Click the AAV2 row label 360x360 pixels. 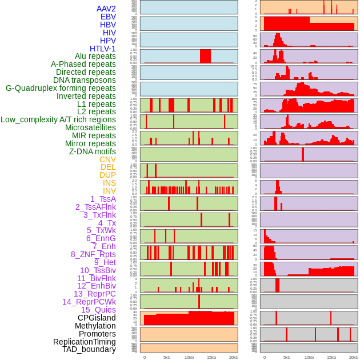106,9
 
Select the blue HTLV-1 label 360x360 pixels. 102,49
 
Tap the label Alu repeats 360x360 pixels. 95,56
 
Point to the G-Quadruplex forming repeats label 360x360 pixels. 61,88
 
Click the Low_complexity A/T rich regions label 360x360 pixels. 58,119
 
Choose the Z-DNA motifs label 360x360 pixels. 93,151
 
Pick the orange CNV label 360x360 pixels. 107,159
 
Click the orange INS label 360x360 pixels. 109,183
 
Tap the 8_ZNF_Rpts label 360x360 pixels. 93,254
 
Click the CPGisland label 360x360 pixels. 97,318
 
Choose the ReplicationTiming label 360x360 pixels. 85,342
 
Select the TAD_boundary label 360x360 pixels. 89,349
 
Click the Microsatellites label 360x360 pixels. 90,127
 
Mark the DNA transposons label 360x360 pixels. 85,80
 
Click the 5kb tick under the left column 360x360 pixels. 167,357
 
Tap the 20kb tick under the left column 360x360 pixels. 234,357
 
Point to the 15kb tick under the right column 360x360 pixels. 331,357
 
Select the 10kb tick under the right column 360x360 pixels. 309,357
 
